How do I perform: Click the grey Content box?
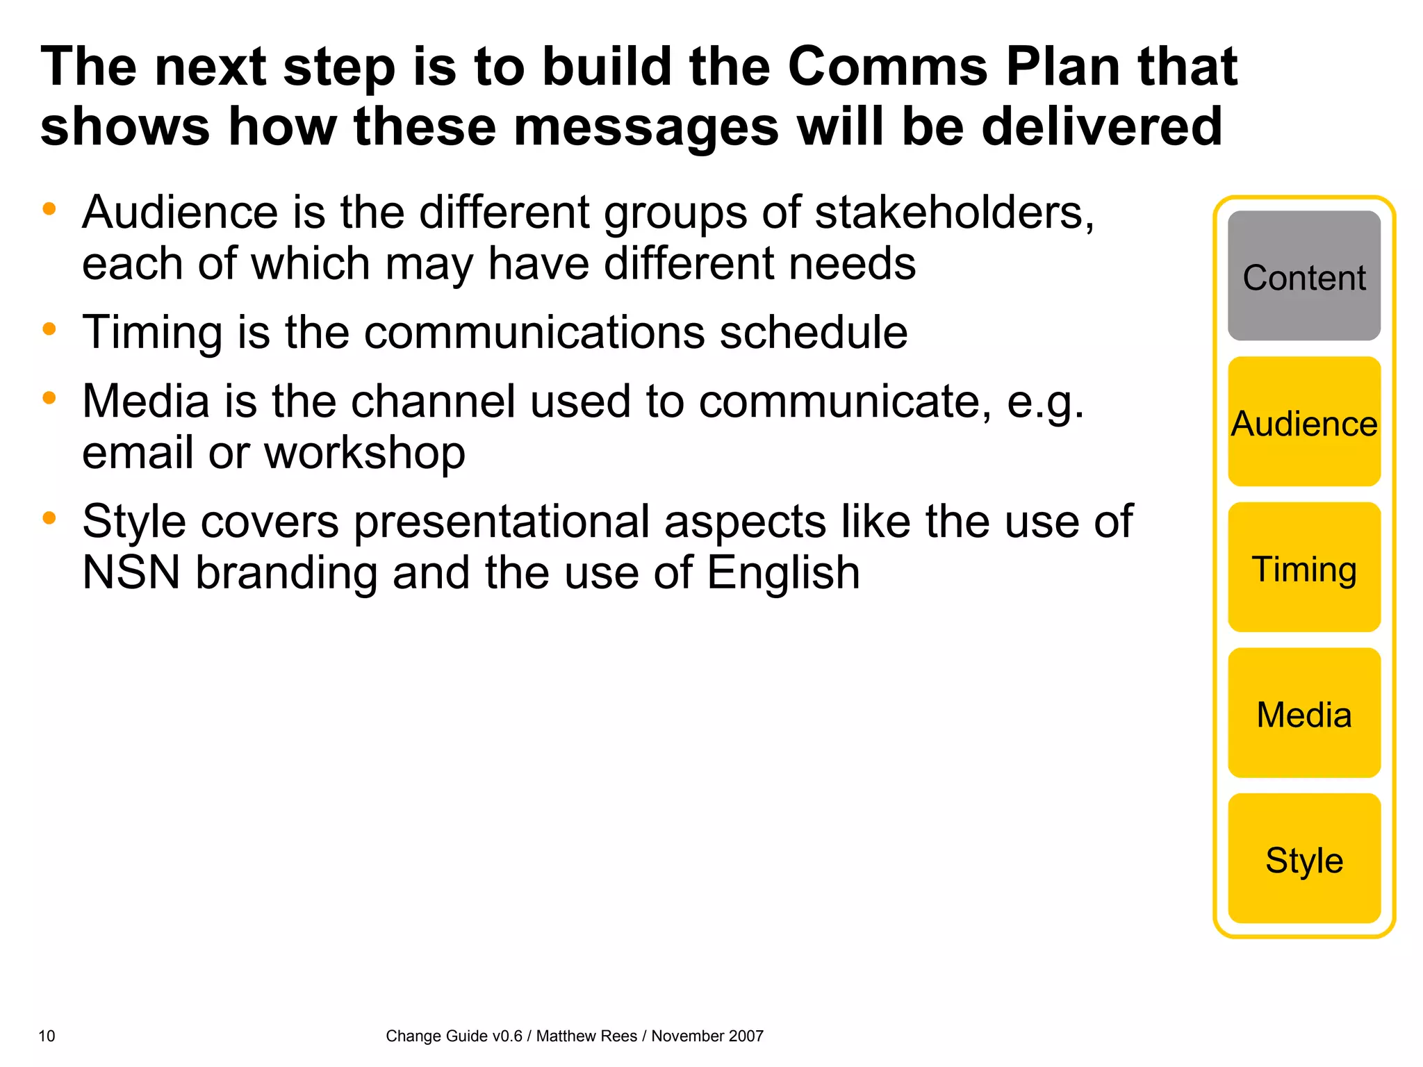1303,276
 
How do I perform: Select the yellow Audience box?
1303,422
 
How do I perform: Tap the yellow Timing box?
1303,568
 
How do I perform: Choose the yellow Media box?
1303,713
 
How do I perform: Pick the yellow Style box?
1303,859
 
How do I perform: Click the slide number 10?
47,1036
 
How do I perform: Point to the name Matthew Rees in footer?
586,1036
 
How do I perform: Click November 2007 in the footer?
707,1036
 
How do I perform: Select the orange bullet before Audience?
49,208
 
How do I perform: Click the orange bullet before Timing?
49,329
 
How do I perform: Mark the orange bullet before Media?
49,398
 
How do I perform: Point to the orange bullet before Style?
49,518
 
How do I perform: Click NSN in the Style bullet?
131,573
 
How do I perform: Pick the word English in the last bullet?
783,573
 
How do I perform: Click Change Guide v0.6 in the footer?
454,1036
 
